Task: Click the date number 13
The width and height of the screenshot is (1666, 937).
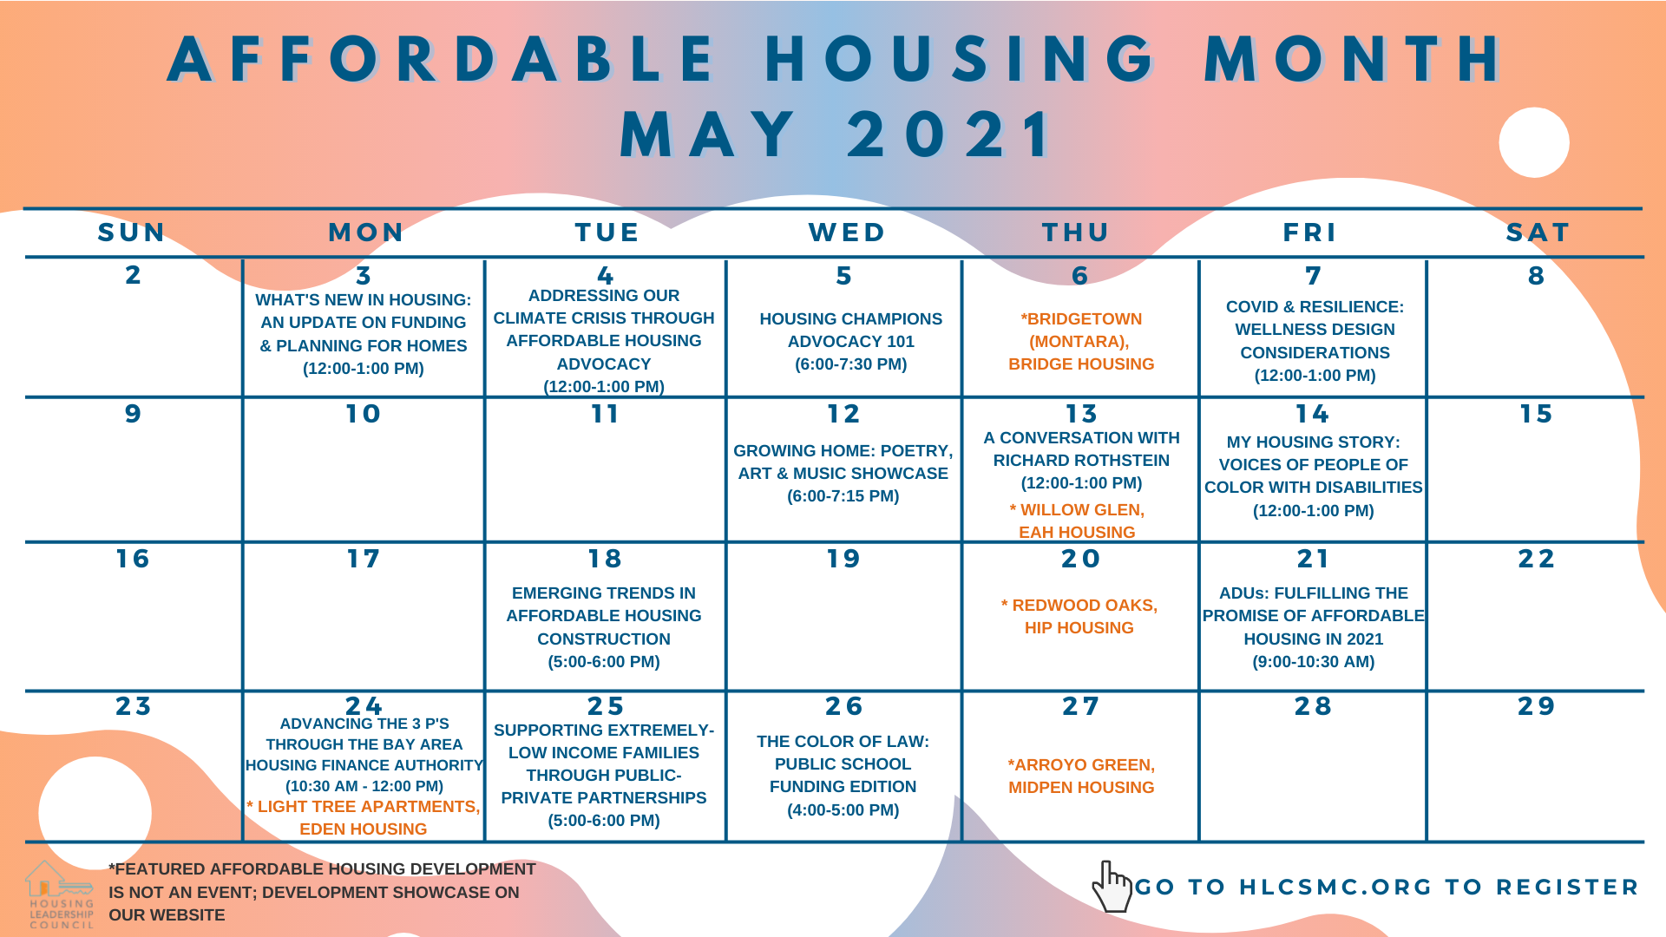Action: coord(1081,414)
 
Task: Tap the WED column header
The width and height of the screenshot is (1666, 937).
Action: coord(847,233)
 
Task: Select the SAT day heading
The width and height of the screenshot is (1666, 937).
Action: coord(1538,233)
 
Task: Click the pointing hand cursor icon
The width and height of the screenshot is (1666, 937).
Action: coord(1112,886)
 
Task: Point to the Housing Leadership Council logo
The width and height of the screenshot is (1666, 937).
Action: coord(60,894)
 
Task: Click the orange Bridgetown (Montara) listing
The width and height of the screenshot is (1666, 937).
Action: coord(1081,342)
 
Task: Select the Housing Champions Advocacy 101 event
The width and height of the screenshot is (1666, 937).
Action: coord(850,342)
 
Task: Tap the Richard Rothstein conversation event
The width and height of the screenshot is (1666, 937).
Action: coord(1081,461)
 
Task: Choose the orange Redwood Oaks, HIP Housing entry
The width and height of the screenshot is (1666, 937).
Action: coord(1079,617)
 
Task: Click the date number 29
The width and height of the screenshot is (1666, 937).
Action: coord(1536,706)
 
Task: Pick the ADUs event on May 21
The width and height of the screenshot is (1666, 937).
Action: coord(1314,627)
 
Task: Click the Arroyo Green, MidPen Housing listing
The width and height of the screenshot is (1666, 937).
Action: coord(1081,776)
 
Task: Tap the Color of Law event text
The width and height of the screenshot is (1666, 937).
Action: coord(843,776)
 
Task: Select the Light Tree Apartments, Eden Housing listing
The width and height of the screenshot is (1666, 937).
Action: coord(364,818)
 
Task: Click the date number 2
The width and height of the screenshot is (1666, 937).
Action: coord(133,275)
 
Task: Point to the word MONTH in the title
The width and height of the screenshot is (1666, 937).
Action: coord(1353,60)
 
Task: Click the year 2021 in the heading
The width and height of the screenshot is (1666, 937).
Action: coord(949,135)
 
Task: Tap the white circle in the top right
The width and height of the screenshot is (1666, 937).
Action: coord(1533,142)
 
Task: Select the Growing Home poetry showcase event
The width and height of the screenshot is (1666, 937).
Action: coord(843,474)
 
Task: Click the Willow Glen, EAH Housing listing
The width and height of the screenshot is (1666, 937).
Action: coord(1077,521)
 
